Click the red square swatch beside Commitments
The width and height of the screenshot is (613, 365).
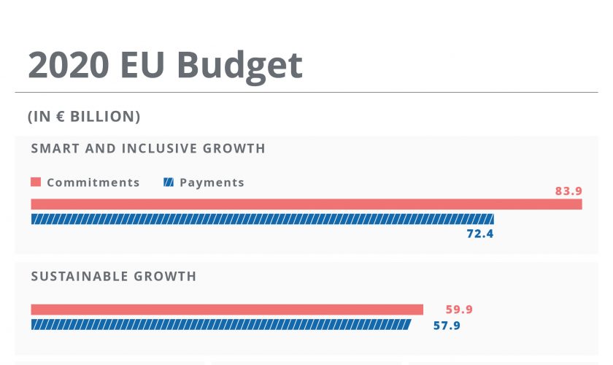36,182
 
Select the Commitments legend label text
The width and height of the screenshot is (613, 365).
93,182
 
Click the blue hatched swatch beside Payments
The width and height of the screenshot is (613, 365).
169,182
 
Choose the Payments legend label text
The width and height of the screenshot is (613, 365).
212,182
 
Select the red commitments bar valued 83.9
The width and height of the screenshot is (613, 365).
306,204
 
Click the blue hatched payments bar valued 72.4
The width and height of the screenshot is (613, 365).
262,219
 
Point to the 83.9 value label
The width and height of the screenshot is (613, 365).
568,191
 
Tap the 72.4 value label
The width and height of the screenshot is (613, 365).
480,234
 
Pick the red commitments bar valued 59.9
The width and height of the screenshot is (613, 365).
227,310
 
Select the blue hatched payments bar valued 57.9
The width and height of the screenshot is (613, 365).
220,324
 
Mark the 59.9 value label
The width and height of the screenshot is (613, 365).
458,310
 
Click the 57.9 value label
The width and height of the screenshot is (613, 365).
447,326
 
